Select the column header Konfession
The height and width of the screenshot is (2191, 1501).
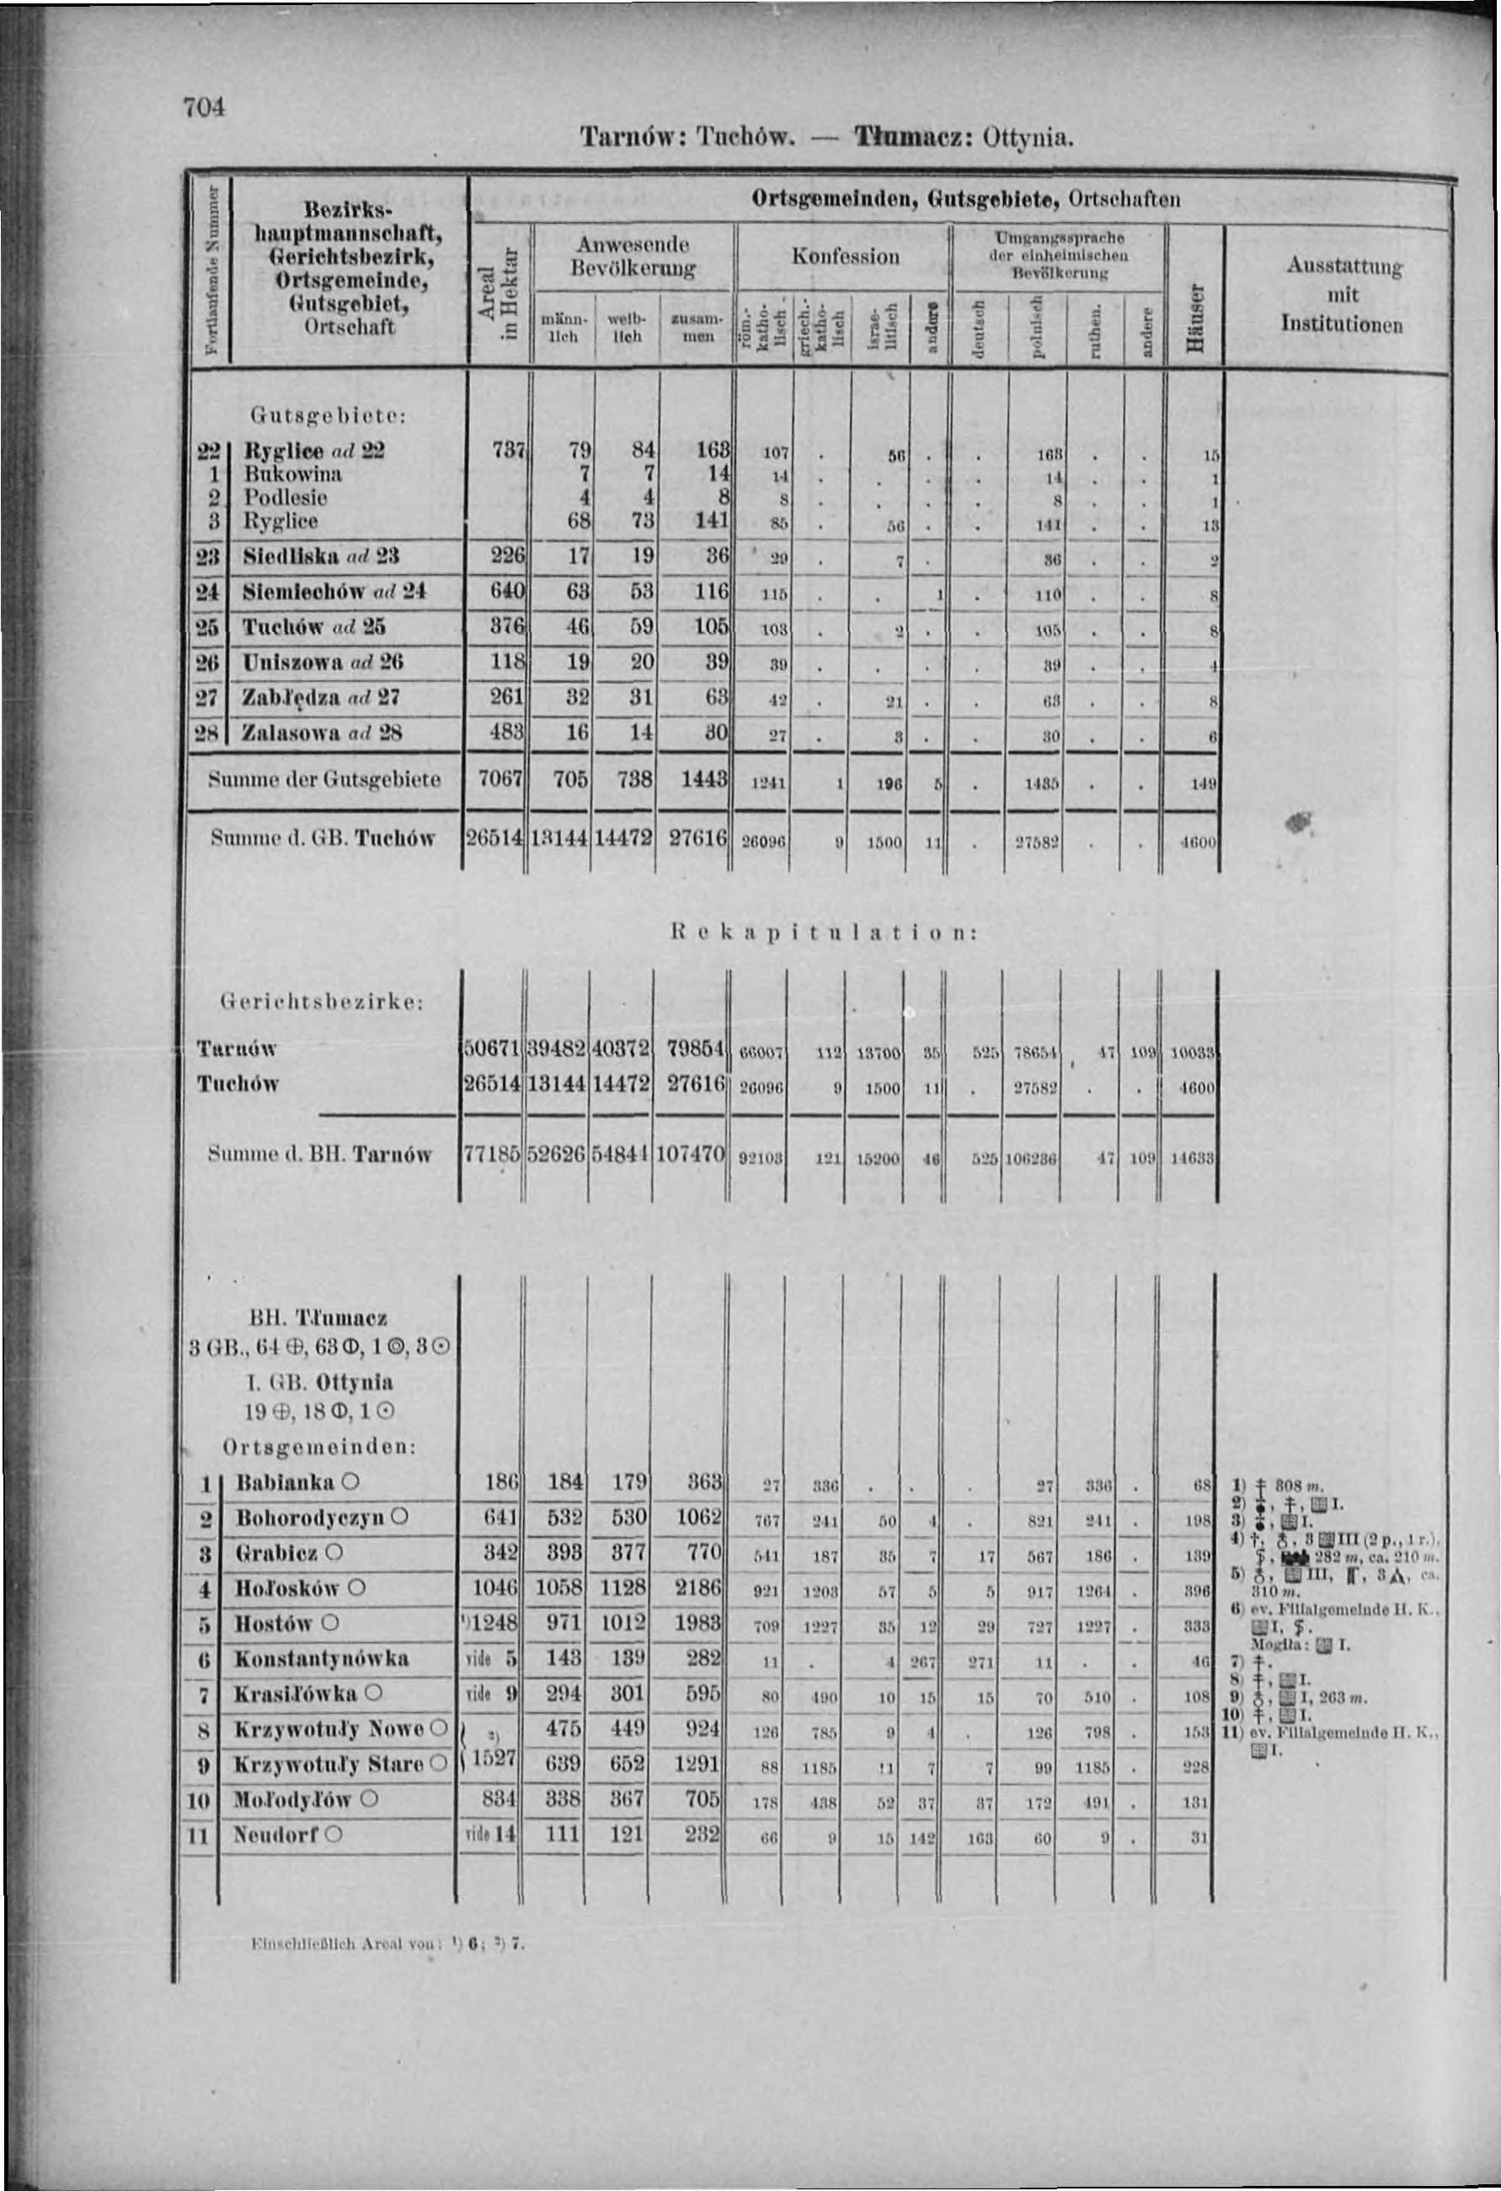[x=845, y=256]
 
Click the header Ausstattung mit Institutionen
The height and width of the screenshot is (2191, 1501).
[x=1341, y=295]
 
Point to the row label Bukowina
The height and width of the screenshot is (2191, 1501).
[x=292, y=473]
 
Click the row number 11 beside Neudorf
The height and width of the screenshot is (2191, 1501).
[x=199, y=1836]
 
